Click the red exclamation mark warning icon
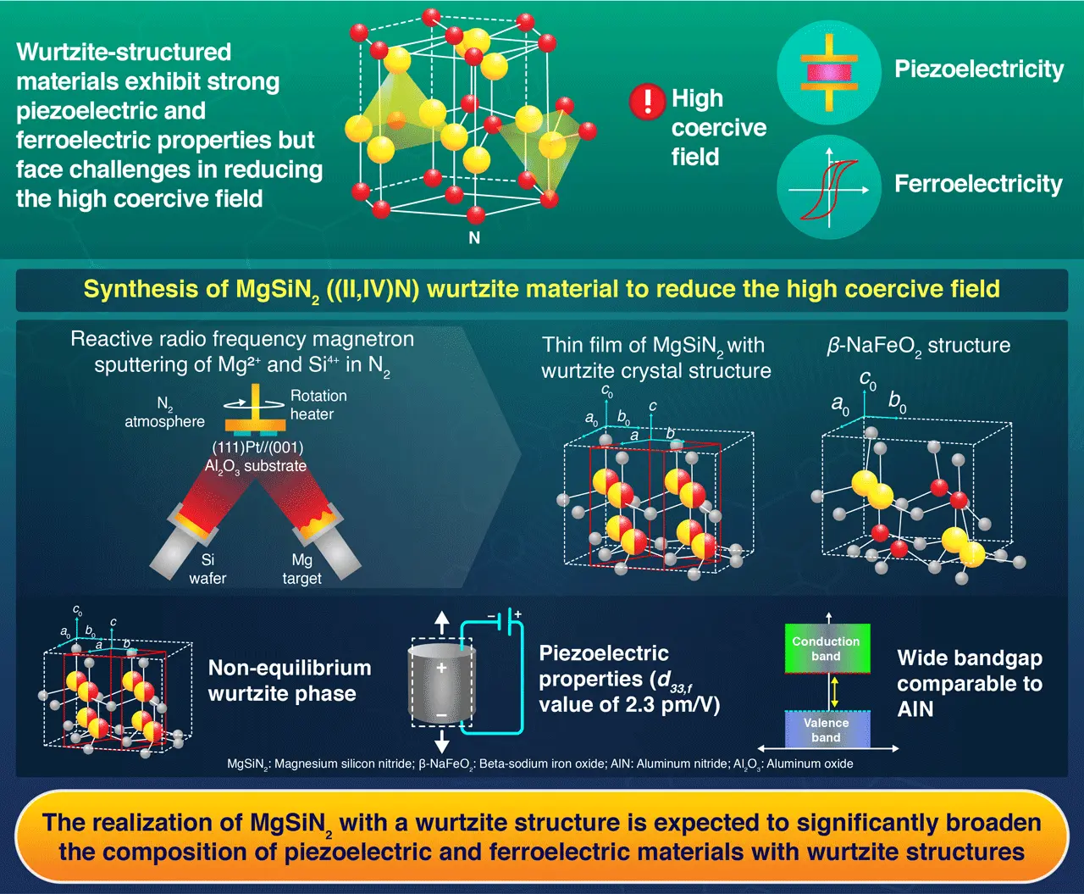pos(647,102)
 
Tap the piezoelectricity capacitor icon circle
pos(829,73)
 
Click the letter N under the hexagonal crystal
pos(474,238)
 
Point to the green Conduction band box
pos(827,649)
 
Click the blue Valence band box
pos(827,730)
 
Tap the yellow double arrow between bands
pos(834,691)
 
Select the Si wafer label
pos(207,569)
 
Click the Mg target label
pos(302,569)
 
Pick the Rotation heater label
pos(318,405)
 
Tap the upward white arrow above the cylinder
pos(441,623)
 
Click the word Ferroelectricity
pos(978,184)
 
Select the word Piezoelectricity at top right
pos(979,69)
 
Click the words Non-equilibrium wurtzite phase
pos(289,680)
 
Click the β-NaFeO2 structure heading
pos(918,346)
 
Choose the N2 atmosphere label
pos(165,413)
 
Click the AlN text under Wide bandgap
pos(915,709)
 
